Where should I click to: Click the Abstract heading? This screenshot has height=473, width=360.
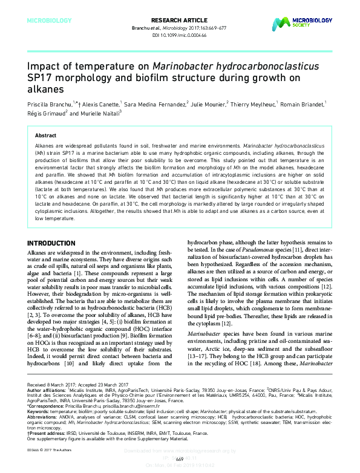(x=46, y=135)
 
